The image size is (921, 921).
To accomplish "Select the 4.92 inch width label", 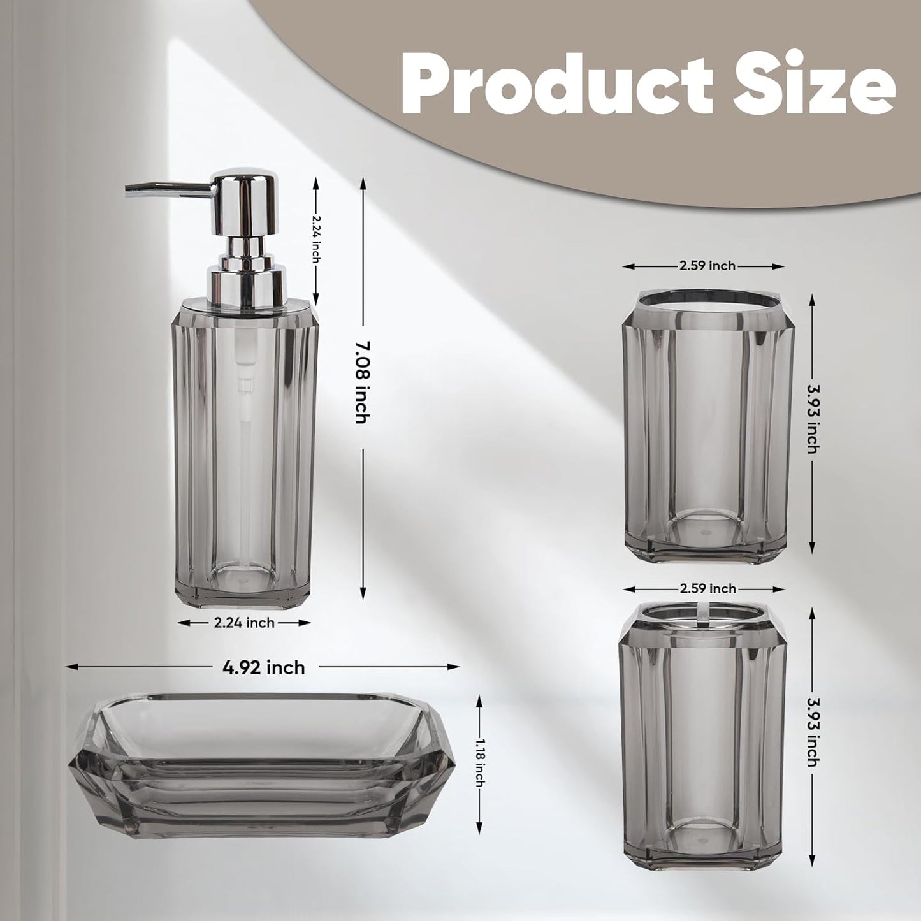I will click(263, 667).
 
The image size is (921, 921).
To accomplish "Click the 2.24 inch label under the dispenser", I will click(244, 623).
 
